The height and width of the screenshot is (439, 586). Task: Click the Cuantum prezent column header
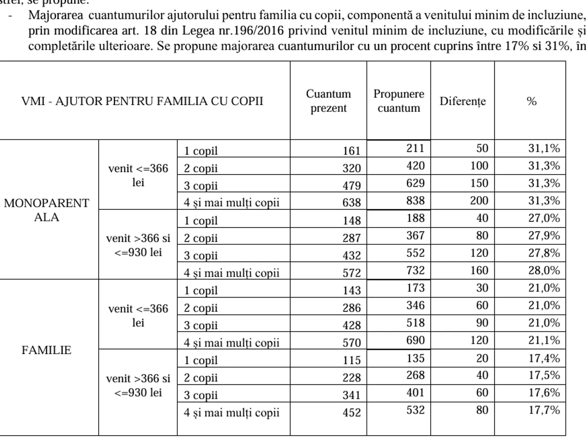pyautogui.click(x=328, y=101)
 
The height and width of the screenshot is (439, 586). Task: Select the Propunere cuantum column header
pyautogui.click(x=398, y=101)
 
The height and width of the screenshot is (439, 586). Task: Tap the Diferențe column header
pyautogui.click(x=462, y=101)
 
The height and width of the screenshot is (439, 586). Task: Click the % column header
pyautogui.click(x=531, y=101)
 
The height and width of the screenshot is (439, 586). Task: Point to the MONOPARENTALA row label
pyautogui.click(x=47, y=210)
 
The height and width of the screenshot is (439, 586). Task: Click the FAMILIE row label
pyautogui.click(x=47, y=350)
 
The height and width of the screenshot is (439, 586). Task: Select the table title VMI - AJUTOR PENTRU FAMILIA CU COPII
pyautogui.click(x=143, y=101)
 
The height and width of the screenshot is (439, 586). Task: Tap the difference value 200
pyautogui.click(x=479, y=201)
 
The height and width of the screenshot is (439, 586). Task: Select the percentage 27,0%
pyautogui.click(x=544, y=218)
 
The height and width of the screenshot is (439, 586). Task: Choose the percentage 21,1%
pyautogui.click(x=544, y=340)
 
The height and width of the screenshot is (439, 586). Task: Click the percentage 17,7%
pyautogui.click(x=544, y=410)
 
